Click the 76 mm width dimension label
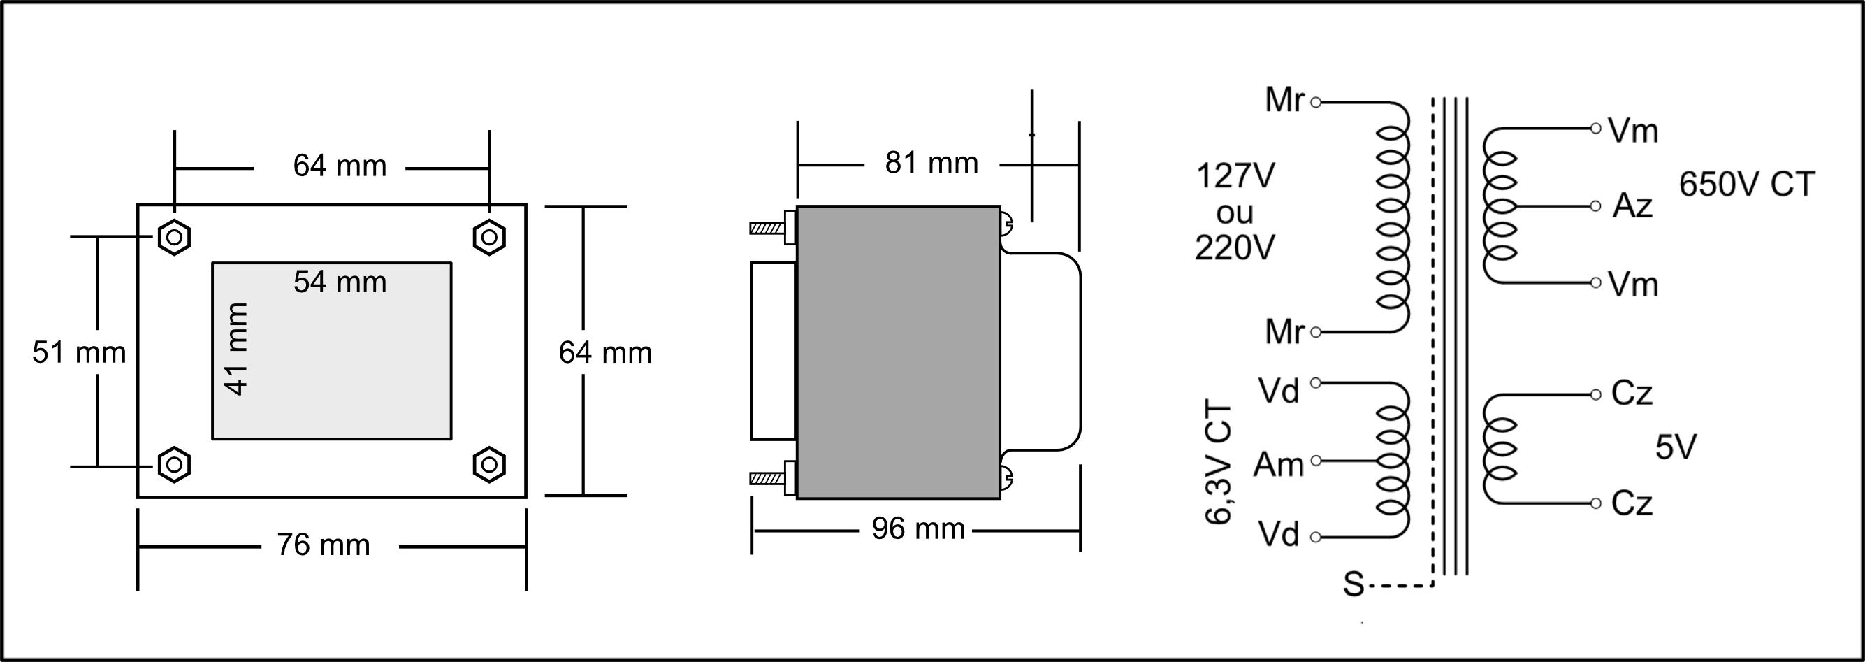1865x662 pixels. pos(323,545)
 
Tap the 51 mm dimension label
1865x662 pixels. pos(79,353)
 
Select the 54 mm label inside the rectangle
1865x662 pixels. pos(340,282)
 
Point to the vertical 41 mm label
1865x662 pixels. pos(237,349)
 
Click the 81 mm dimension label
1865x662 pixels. pos(931,163)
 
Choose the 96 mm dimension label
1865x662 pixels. pos(918,528)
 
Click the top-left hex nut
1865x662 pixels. pos(174,237)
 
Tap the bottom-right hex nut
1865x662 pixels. pos(488,464)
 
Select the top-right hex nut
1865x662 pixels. pos(488,237)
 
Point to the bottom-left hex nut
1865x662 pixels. pos(174,464)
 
